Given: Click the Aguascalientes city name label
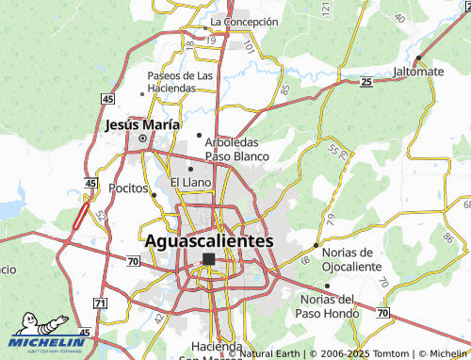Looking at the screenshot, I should click(x=209, y=240).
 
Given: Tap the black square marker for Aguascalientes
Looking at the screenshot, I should click(x=208, y=257).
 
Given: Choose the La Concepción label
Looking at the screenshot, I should click(x=244, y=21).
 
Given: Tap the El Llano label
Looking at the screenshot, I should click(x=189, y=182).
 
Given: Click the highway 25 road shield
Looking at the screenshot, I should click(x=365, y=83).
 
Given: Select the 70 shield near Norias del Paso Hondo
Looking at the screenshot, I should click(x=382, y=312).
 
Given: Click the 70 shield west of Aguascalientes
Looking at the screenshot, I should click(x=133, y=257).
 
